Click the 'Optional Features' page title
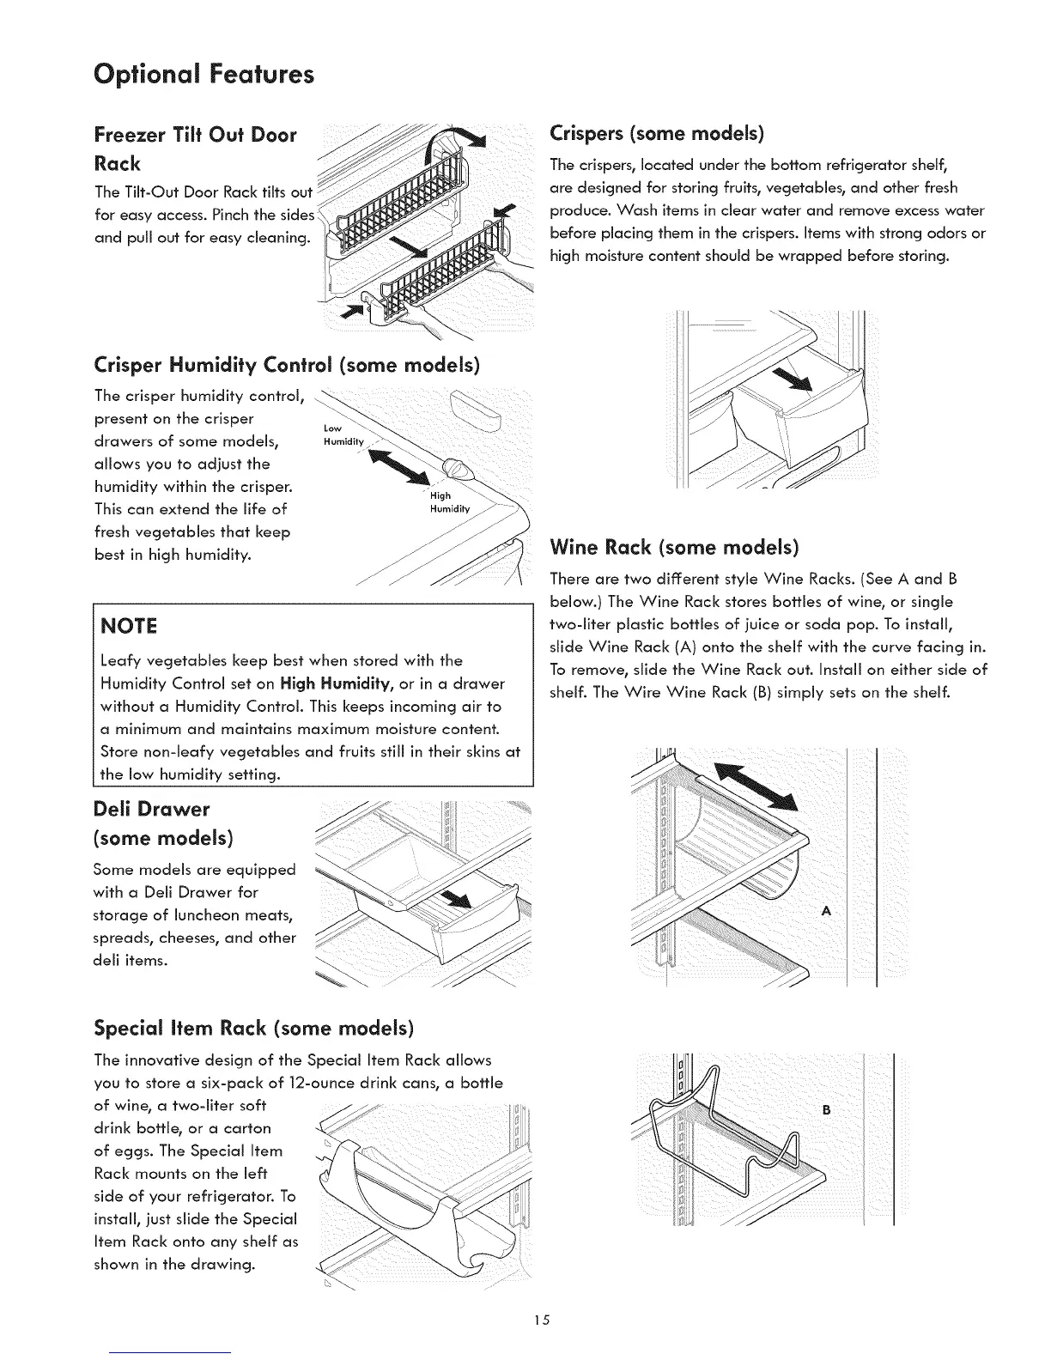pyautogui.click(x=204, y=75)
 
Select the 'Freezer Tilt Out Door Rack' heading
pyautogui.click(x=195, y=148)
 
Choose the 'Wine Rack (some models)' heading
pyautogui.click(x=674, y=547)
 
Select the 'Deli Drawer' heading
pyautogui.click(x=151, y=809)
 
